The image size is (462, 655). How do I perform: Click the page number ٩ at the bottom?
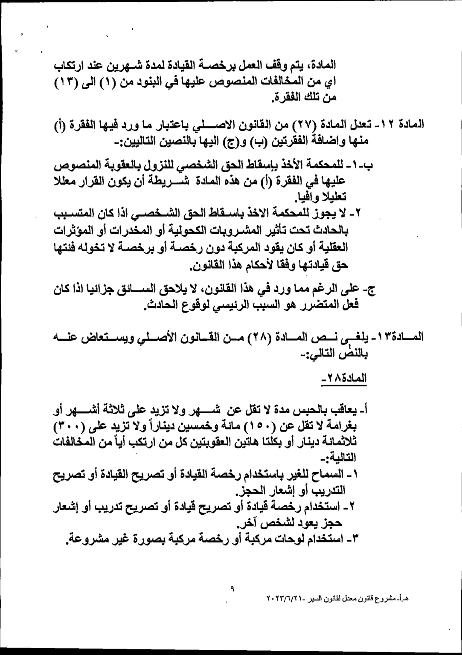(x=232, y=589)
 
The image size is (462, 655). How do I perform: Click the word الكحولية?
(x=183, y=231)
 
